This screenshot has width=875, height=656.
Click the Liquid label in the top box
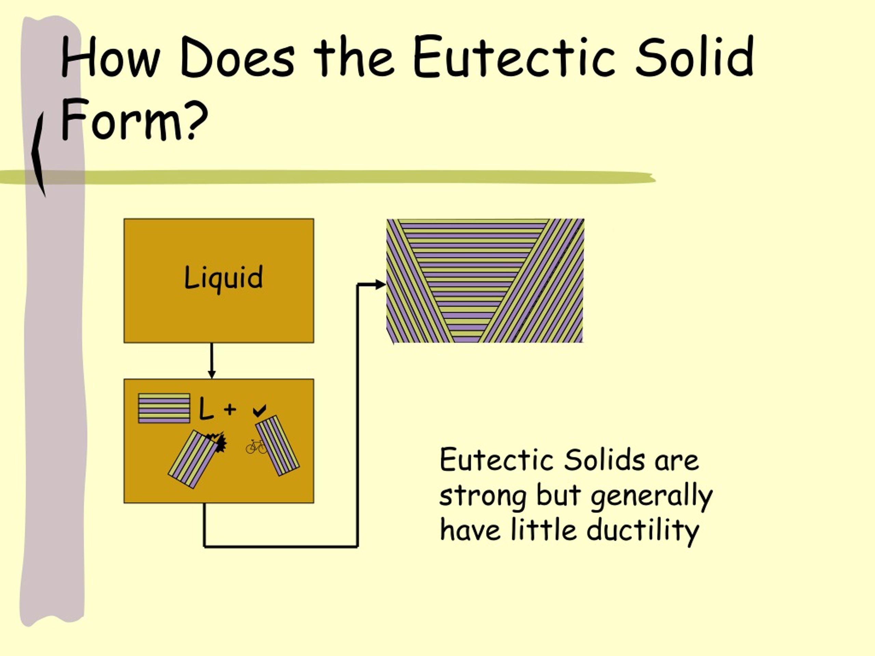coord(224,277)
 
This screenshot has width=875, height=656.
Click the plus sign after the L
coord(230,409)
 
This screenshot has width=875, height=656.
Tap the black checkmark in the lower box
coord(259,410)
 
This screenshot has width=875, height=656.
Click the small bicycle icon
coord(256,447)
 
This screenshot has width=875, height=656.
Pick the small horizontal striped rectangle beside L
coord(164,408)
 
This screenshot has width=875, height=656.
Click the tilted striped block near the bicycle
coord(277,445)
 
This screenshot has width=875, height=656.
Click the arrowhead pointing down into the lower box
coord(212,374)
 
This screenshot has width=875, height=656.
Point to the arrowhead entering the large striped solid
coord(380,284)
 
